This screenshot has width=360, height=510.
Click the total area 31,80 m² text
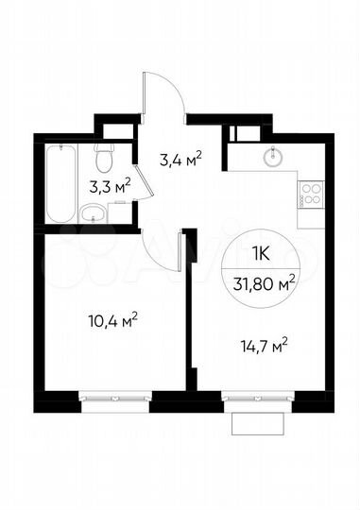pyautogui.click(x=266, y=280)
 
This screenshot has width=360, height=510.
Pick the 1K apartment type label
pyautogui.click(x=266, y=254)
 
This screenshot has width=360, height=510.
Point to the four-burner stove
pyautogui.click(x=311, y=195)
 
